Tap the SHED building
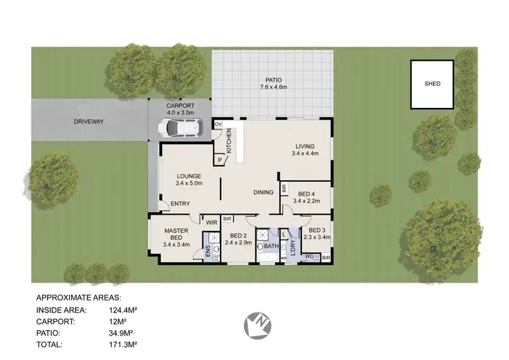tap(432, 84)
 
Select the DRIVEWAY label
tap(90, 122)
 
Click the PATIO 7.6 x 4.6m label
tap(274, 83)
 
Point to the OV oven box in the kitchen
tap(219, 124)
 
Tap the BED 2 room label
tap(238, 238)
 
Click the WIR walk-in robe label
tap(211, 221)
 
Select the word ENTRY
tap(180, 204)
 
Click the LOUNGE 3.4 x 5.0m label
tap(189, 180)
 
